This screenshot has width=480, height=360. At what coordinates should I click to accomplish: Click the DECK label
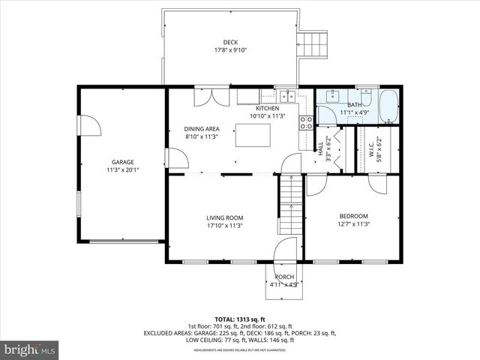[230, 42]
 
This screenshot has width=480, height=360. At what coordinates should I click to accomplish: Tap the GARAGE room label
[123, 162]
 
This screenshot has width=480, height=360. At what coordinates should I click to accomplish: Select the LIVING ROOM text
[225, 218]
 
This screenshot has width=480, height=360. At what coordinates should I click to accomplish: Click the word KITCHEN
[268, 109]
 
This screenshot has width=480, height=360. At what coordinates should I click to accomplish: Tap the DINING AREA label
[202, 128]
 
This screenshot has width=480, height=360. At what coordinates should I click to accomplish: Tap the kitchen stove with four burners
[307, 123]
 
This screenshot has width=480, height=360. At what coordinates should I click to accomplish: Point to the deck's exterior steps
[313, 42]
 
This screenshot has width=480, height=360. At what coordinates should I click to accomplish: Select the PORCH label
[284, 277]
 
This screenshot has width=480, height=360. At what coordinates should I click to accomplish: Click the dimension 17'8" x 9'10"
[230, 50]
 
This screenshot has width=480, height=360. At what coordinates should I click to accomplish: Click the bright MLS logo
[30, 349]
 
